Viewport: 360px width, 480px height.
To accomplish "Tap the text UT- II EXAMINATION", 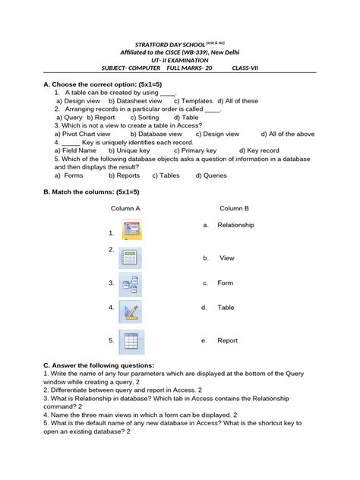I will [x=180, y=59].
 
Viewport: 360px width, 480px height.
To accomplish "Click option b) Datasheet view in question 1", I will [x=135, y=101].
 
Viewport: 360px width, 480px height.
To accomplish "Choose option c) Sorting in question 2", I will [x=144, y=118].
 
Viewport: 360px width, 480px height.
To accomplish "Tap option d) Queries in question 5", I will [x=210, y=175].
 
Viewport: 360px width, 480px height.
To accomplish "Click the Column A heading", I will [x=125, y=207].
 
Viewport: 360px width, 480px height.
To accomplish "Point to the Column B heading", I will [x=234, y=207].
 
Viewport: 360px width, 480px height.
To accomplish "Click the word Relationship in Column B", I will [x=235, y=225].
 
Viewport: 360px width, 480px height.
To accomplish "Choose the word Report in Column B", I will [x=228, y=341].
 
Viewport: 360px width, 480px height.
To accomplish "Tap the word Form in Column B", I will [x=225, y=283].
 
